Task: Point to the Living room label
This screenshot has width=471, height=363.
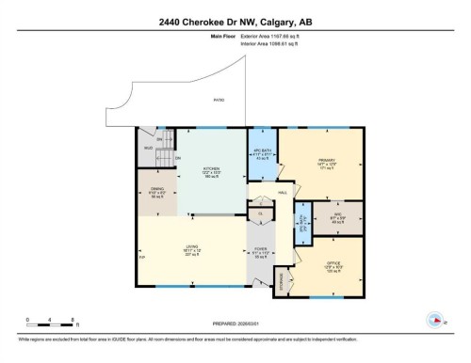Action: click(191, 249)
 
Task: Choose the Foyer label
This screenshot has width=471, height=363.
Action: click(261, 251)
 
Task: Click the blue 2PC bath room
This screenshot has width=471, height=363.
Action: click(302, 223)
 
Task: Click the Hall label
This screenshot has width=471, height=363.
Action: click(282, 192)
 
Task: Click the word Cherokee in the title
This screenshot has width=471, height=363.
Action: click(206, 22)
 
